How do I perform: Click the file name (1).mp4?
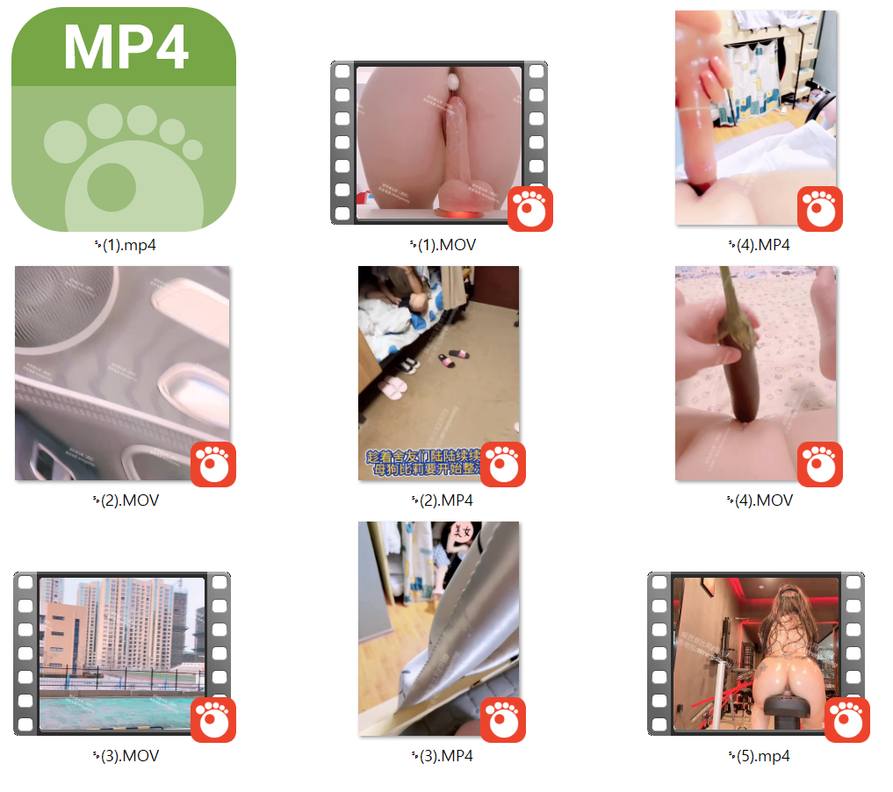pyautogui.click(x=125, y=245)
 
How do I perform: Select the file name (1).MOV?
pyautogui.click(x=443, y=245)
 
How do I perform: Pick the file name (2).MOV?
pyautogui.click(x=126, y=500)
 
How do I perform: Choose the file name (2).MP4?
pyautogui.click(x=443, y=500)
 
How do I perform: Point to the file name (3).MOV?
pyautogui.click(x=126, y=755)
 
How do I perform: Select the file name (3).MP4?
pyautogui.click(x=443, y=755)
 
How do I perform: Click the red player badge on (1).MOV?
pyautogui.click(x=530, y=209)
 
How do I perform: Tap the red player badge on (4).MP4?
pyautogui.click(x=820, y=209)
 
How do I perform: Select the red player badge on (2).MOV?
pyautogui.click(x=213, y=464)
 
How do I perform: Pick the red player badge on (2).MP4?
pyautogui.click(x=503, y=464)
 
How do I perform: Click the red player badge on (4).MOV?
pyautogui.click(x=820, y=464)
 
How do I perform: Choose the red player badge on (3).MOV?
pyautogui.click(x=213, y=719)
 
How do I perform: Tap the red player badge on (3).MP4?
pyautogui.click(x=503, y=719)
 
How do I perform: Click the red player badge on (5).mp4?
pyautogui.click(x=847, y=719)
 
